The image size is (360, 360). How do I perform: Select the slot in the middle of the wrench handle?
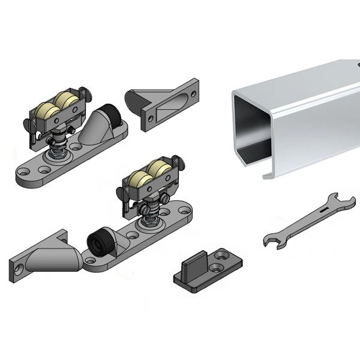323,211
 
